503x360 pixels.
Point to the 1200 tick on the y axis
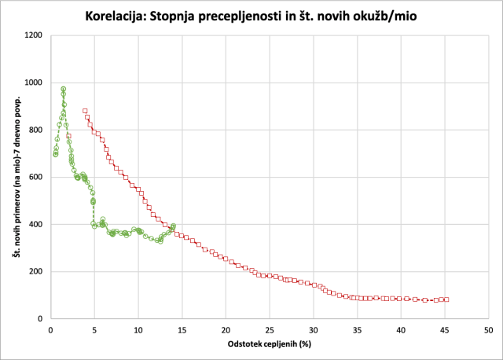point(34,35)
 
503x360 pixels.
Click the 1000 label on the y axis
point(34,83)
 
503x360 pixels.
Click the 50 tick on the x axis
point(487,329)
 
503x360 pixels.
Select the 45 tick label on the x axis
point(444,329)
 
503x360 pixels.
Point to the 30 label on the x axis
point(313,329)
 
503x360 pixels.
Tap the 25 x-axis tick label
point(269,329)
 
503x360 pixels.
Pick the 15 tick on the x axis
point(182,329)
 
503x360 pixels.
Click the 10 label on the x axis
point(138,329)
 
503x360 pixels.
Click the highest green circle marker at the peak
point(63,89)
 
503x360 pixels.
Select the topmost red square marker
point(85,111)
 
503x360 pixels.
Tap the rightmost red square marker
point(446,299)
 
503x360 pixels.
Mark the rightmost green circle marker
point(173,226)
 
